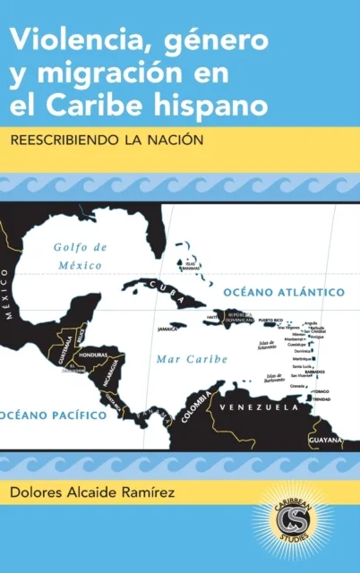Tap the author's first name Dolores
[37, 490]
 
